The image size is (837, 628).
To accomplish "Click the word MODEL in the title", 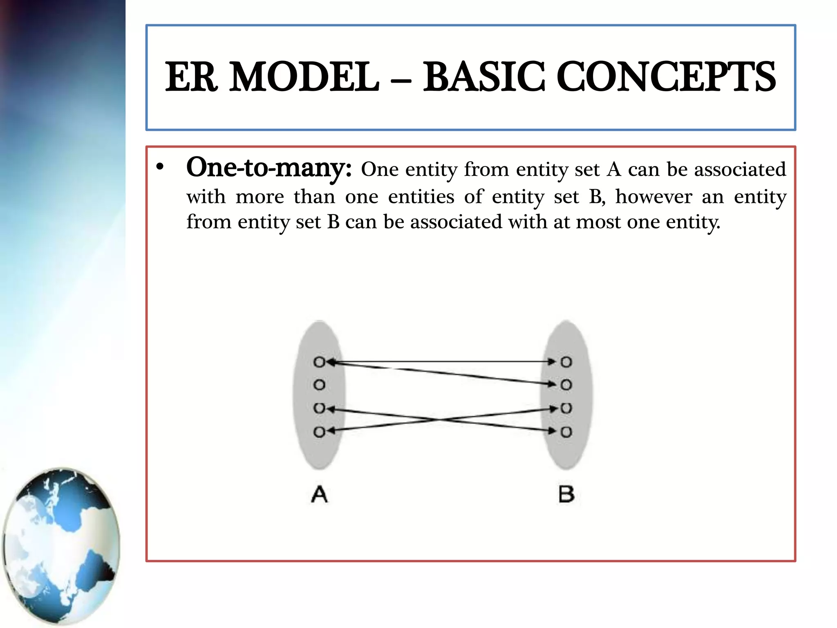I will coord(304,77).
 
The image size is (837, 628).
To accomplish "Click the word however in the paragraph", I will coord(653,197).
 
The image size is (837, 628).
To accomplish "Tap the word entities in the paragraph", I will coord(421,197).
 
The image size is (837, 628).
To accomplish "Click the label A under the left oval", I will coord(319,494).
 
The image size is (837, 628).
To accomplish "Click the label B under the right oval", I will coord(566,494).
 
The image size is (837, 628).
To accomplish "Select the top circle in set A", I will coord(319,362).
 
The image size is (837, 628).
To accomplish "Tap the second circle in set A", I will coord(319,385).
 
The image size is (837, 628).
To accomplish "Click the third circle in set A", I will coord(319,408).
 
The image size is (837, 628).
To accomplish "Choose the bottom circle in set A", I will coord(319,432).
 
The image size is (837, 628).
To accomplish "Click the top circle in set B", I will coord(566,362).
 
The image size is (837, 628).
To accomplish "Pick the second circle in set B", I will coord(566,385).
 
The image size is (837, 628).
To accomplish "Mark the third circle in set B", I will coord(566,408).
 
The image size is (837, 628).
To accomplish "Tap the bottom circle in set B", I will coord(566,432).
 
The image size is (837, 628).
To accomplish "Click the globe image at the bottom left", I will coord(61,546).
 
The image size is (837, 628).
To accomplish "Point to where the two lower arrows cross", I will coord(442,420).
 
